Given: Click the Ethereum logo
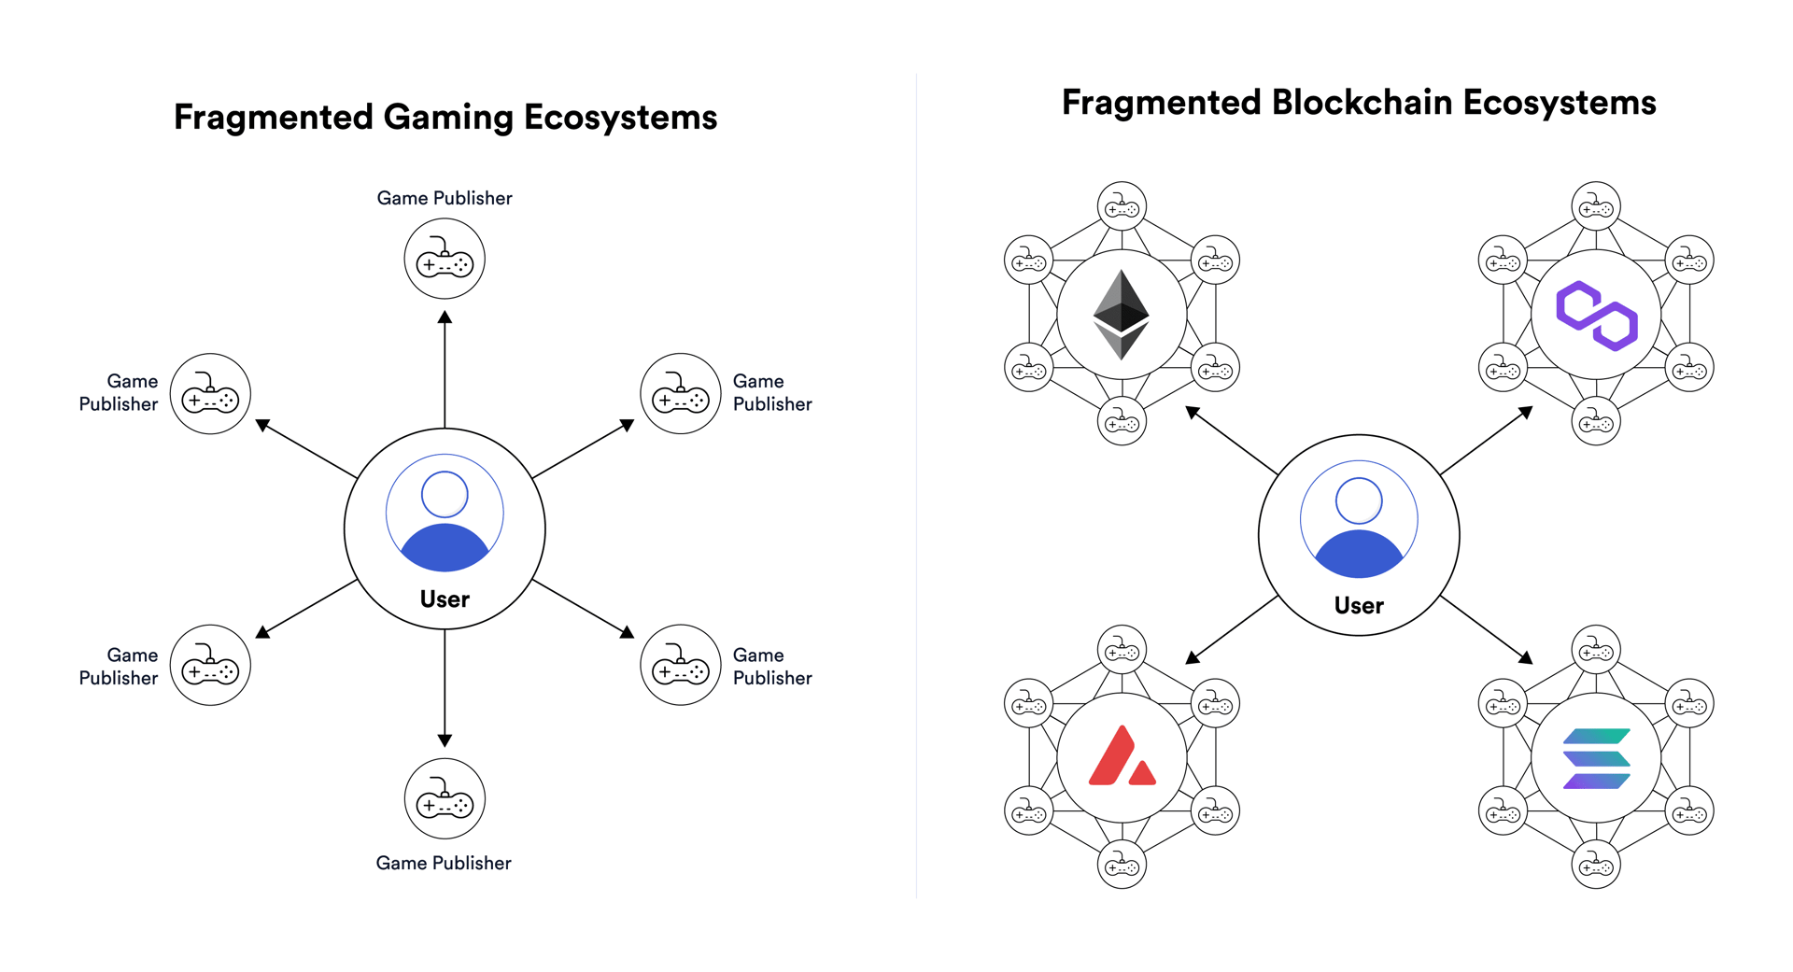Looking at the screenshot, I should pyautogui.click(x=1121, y=315).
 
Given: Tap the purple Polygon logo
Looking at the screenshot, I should pyautogui.click(x=1596, y=316).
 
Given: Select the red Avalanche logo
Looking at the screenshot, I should pyautogui.click(x=1122, y=758).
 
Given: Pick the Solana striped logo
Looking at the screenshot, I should pyautogui.click(x=1596, y=758).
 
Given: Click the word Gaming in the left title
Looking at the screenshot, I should pyautogui.click(x=448, y=118).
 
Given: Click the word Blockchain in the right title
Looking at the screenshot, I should pyautogui.click(x=1362, y=103).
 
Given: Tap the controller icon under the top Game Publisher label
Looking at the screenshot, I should pyautogui.click(x=445, y=259).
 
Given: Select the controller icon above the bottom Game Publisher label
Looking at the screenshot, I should pyautogui.click(x=445, y=799).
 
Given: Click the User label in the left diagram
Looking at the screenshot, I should pyautogui.click(x=445, y=599).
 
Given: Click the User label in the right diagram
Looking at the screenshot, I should pyautogui.click(x=1359, y=606).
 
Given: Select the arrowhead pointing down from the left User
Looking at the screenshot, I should pyautogui.click(x=445, y=740).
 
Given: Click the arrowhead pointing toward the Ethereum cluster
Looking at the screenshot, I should pyautogui.click(x=1193, y=413).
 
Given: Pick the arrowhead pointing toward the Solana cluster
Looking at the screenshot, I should pyautogui.click(x=1525, y=657).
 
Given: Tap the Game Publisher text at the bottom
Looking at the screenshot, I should pyautogui.click(x=444, y=863).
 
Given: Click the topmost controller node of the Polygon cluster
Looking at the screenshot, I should pyautogui.click(x=1596, y=206).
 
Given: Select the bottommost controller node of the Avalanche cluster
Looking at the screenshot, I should pyautogui.click(x=1122, y=865).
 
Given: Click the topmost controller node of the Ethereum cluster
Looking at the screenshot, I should pyautogui.click(x=1122, y=206).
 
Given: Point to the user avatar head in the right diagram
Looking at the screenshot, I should pyautogui.click(x=1359, y=500).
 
